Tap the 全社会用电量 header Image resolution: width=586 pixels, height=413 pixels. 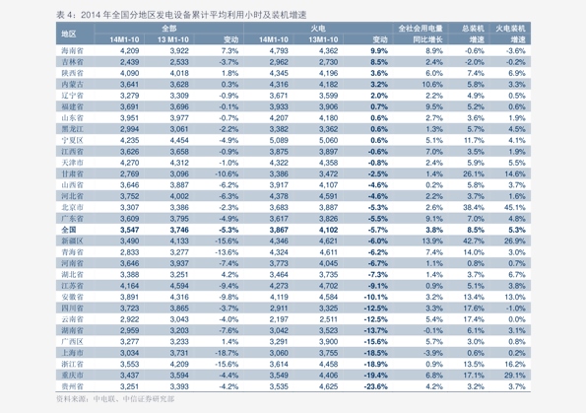pos(426,28)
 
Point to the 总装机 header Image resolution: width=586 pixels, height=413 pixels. pos(475,28)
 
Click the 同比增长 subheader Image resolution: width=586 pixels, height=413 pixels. pos(426,38)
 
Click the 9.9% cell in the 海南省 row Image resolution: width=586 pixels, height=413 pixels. pos(378,49)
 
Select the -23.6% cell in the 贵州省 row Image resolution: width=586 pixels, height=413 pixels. pos(375,387)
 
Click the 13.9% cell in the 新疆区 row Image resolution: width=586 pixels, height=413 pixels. pos(432,241)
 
